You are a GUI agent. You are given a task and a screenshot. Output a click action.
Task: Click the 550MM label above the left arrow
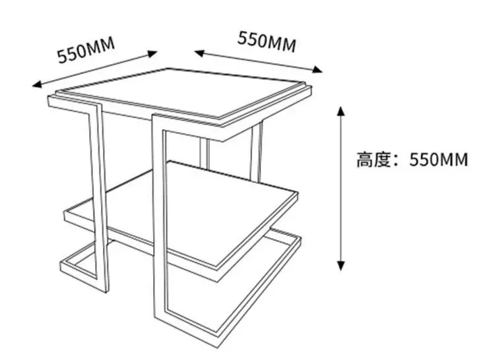coord(86,49)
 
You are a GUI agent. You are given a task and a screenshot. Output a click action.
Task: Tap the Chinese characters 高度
coord(374,160)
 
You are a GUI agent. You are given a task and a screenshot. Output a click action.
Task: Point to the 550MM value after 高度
coord(439,160)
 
